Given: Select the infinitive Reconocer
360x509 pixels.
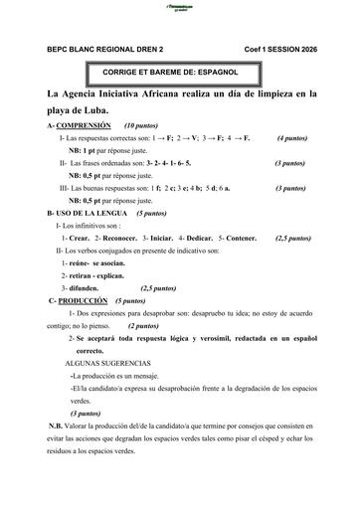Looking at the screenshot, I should click(118, 239).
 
